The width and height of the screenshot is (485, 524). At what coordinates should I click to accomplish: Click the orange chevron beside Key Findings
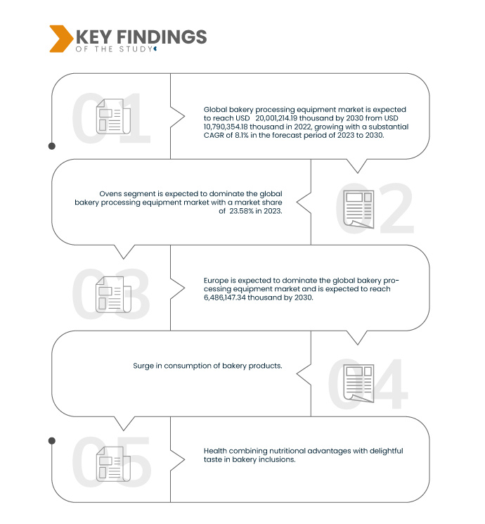pyautogui.click(x=61, y=39)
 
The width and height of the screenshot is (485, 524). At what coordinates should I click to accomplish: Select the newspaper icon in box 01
pyautogui.click(x=113, y=116)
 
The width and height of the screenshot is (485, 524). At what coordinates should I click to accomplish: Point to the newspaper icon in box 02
pyautogui.click(x=358, y=209)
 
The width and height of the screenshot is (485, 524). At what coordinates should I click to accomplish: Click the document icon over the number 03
pyautogui.click(x=113, y=295)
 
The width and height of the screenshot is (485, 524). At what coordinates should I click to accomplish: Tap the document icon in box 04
pyautogui.click(x=358, y=383)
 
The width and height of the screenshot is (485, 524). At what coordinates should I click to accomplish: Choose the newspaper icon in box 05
pyautogui.click(x=113, y=464)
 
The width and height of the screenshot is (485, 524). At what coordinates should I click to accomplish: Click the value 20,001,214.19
pyautogui.click(x=276, y=118)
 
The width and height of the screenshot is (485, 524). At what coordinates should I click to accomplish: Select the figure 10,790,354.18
pyautogui.click(x=226, y=127)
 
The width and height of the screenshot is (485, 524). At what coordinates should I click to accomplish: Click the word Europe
pyautogui.click(x=216, y=281)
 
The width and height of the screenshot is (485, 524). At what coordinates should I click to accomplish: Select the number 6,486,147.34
pyautogui.click(x=225, y=298)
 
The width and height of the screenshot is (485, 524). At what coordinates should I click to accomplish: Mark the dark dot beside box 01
pyautogui.click(x=52, y=146)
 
